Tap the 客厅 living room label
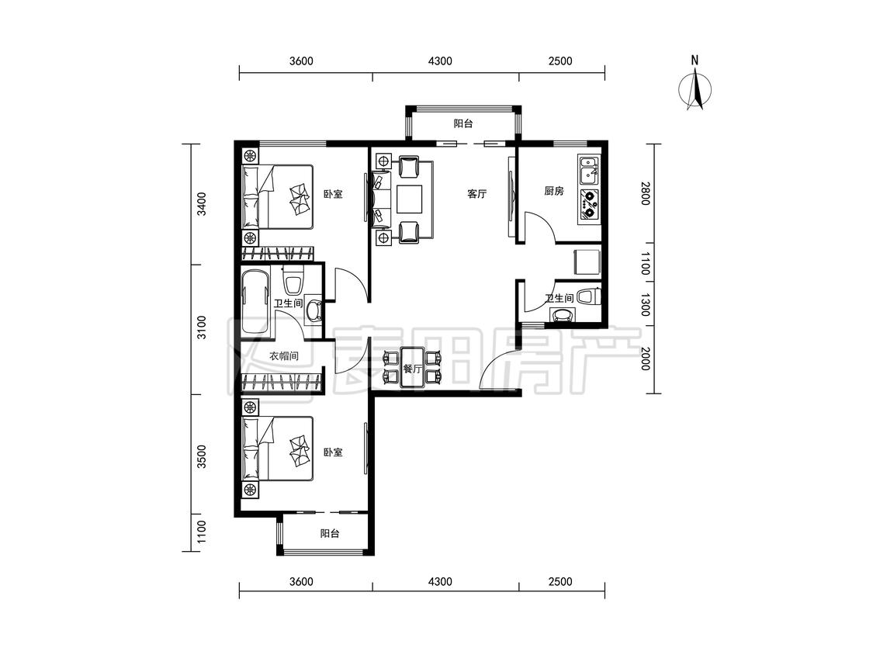point(476,194)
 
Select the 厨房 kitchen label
point(554,191)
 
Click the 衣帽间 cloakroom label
point(284,356)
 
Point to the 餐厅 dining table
point(412,367)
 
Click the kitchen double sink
point(588,171)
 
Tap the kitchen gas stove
point(588,204)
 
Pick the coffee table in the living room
point(410,199)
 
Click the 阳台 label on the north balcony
point(463,123)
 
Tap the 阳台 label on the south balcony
point(330,534)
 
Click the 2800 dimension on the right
point(645,193)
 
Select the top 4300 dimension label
point(440,61)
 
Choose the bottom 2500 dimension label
point(560,581)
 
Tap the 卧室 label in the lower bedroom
point(333,452)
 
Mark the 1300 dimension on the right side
point(645,305)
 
